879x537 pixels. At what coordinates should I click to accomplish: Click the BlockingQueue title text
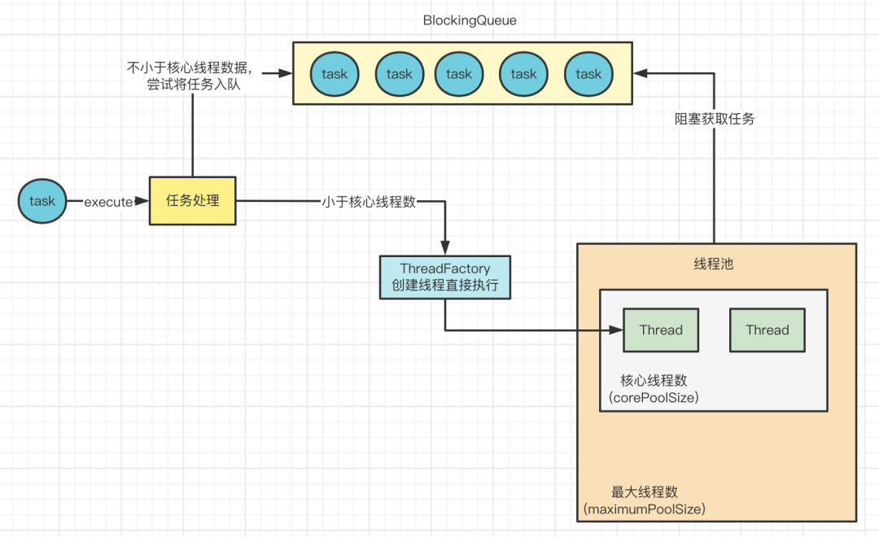[x=470, y=20]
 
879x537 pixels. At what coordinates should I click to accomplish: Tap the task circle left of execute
[x=42, y=201]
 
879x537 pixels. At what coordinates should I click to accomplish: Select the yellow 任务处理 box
[x=193, y=200]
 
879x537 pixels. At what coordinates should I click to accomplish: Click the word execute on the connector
[x=108, y=202]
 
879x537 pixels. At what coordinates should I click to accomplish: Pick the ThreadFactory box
[x=444, y=277]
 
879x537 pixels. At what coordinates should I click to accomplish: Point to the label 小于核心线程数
[x=369, y=202]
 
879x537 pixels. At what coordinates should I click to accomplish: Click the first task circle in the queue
[x=334, y=74]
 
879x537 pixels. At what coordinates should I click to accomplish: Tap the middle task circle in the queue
[x=459, y=74]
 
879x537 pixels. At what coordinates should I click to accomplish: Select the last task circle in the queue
[x=588, y=74]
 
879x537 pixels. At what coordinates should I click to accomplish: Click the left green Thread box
[x=661, y=330]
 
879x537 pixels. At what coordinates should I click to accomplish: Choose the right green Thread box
[x=767, y=330]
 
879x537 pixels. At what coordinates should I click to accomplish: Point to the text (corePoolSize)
[x=654, y=398]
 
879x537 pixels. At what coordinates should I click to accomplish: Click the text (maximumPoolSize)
[x=644, y=509]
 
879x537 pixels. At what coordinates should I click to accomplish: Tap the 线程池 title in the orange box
[x=713, y=264]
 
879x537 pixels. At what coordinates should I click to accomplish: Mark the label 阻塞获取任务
[x=715, y=119]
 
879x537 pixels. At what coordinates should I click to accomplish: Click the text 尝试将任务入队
[x=194, y=84]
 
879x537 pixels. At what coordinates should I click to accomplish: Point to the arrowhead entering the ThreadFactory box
[x=445, y=249]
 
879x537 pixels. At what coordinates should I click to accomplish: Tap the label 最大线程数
[x=644, y=492]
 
